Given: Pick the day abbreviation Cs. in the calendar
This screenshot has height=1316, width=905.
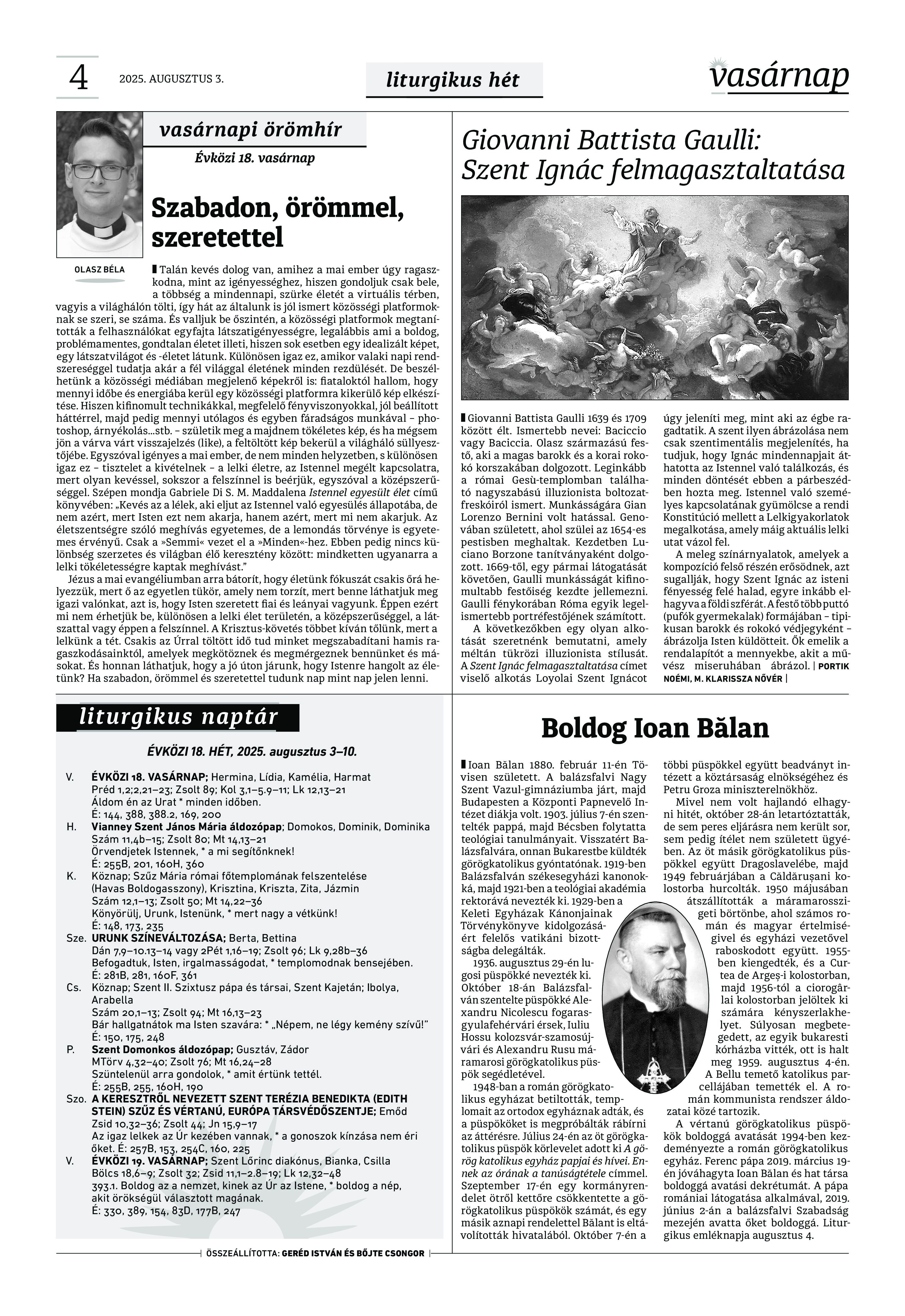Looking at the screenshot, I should click(73, 988).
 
